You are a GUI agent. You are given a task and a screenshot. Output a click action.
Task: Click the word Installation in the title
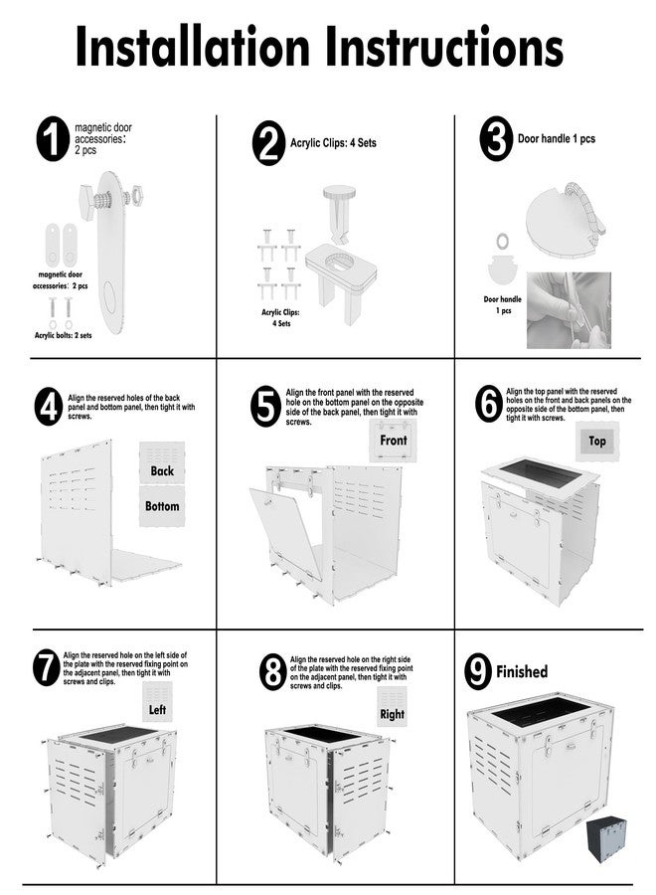192,46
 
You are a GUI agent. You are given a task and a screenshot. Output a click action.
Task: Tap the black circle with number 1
53,138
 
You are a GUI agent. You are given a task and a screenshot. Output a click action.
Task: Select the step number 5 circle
265,407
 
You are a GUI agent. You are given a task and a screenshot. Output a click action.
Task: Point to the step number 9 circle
477,672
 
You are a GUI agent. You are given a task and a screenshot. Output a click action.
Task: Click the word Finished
522,672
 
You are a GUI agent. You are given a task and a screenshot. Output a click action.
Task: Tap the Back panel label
162,470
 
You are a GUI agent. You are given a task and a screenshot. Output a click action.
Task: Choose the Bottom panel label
162,506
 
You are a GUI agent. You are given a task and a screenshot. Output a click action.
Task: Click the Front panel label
394,441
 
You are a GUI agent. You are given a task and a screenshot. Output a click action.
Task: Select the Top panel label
596,441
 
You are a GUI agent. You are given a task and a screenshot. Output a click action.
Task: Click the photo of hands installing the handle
569,310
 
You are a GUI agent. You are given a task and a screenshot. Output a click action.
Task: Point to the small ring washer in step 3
503,241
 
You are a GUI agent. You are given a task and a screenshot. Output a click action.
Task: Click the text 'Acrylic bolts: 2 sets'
63,335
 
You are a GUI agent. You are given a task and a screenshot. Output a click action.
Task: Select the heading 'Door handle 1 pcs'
557,138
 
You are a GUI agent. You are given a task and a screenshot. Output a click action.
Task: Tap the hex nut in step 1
138,196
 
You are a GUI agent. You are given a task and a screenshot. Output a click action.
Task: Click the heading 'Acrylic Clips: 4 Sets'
333,142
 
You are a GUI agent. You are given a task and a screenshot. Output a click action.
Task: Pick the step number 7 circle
46,667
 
